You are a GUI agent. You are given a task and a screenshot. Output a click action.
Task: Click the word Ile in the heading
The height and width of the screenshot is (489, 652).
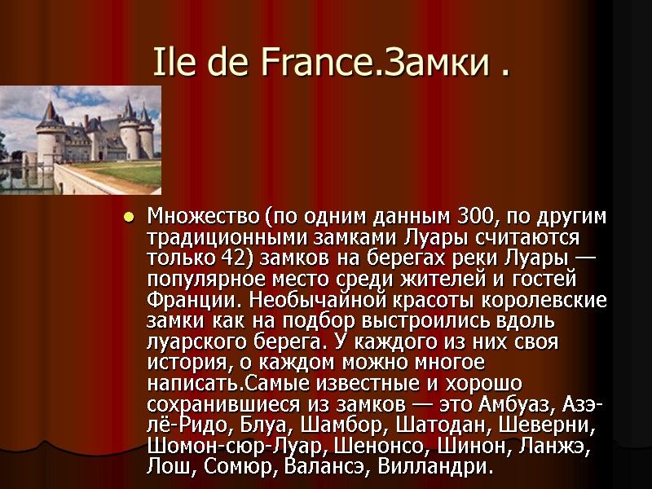[x=174, y=62]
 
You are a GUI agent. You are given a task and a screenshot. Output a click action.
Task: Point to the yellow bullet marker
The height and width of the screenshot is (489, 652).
[x=128, y=218]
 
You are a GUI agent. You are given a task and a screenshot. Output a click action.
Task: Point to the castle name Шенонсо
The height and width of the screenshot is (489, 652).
[x=395, y=447]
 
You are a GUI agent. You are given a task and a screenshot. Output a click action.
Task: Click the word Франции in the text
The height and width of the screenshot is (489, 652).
[x=180, y=301]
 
